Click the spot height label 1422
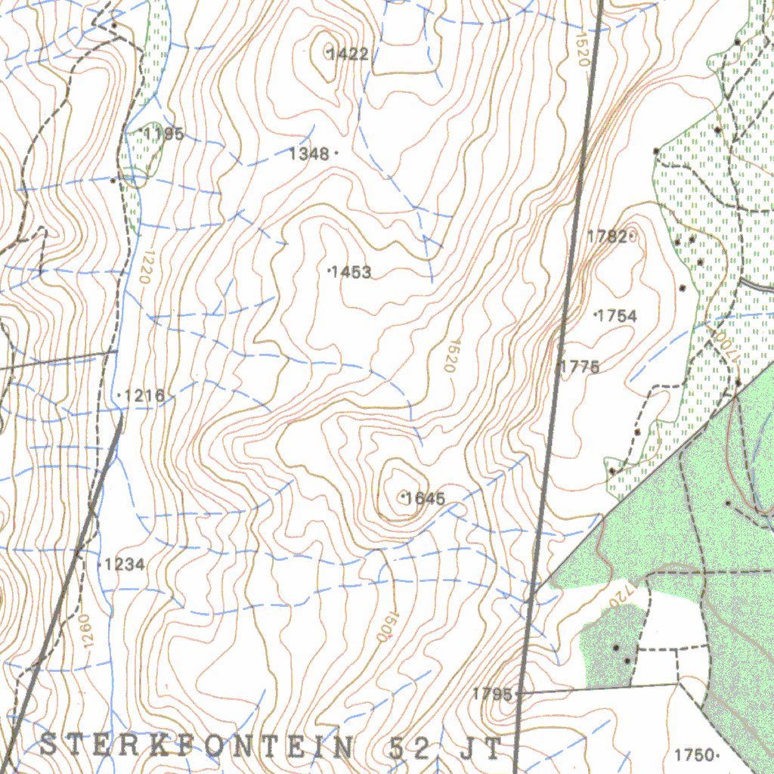(348, 54)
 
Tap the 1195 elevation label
(164, 135)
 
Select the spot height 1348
(309, 154)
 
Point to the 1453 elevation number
(351, 272)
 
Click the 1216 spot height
(144, 396)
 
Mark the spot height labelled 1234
(125, 565)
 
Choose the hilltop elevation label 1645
(425, 498)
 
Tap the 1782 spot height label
(607, 237)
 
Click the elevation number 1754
(617, 317)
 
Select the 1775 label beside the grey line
(580, 367)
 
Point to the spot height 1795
(492, 694)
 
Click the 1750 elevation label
(694, 755)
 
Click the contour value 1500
(386, 627)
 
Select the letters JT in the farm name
(479, 748)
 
